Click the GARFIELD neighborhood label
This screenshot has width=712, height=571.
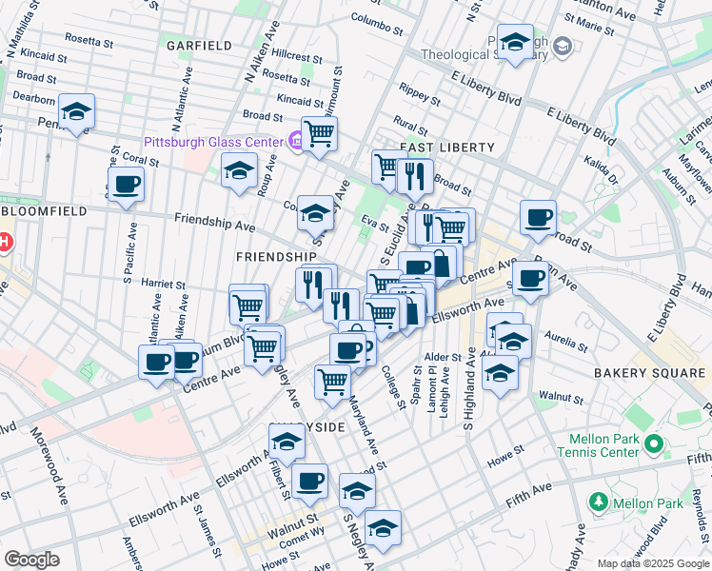tap(199, 46)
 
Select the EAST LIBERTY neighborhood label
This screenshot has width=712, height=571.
tap(447, 148)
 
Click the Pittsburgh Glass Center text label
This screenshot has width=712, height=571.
tap(213, 142)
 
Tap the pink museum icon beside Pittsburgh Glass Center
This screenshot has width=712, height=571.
tap(295, 142)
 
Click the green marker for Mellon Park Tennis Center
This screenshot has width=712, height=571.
tap(653, 443)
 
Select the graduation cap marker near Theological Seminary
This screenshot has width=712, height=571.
tap(515, 43)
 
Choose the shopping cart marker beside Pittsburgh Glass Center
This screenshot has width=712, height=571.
tap(320, 133)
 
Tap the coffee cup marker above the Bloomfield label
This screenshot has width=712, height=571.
tap(126, 185)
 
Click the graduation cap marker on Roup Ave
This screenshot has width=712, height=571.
tap(239, 171)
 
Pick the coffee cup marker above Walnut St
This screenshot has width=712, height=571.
tap(309, 482)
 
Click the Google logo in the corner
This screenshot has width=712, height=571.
tap(31, 560)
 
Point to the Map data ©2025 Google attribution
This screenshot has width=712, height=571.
tap(652, 563)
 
